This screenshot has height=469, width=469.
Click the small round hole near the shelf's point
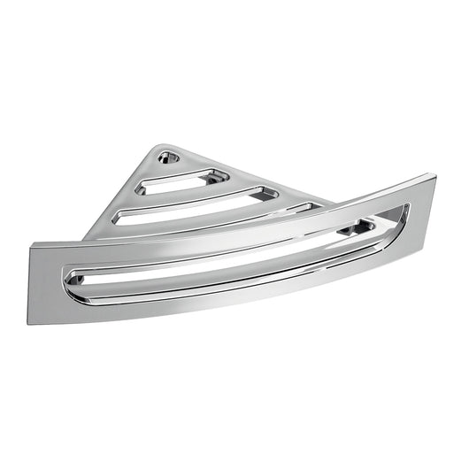(x=168, y=158)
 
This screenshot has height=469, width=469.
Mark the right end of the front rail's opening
(x=404, y=211)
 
